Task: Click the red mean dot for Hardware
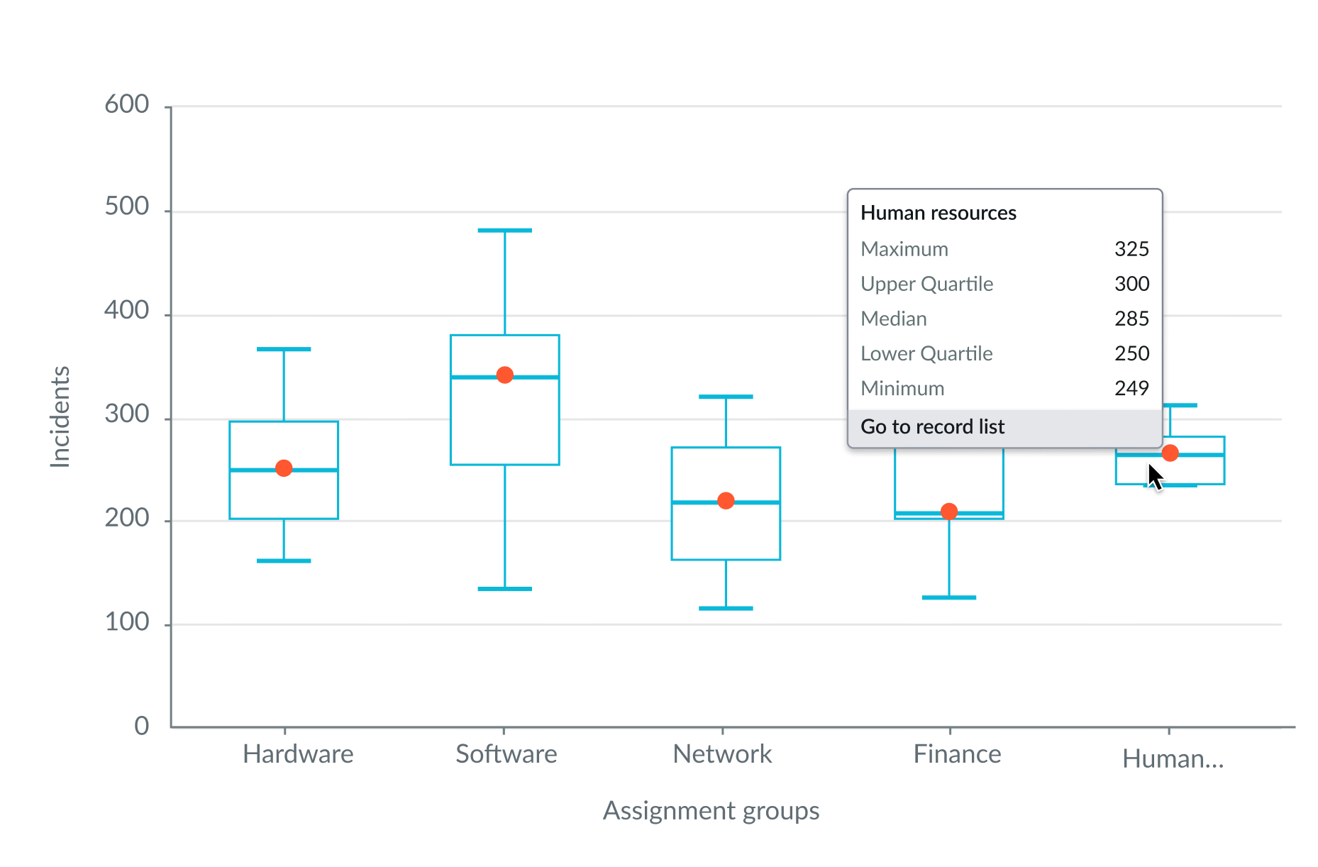(x=284, y=468)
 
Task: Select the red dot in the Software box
(x=504, y=375)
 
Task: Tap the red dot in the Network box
(x=726, y=501)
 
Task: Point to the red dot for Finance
(x=949, y=512)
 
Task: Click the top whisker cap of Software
(x=504, y=231)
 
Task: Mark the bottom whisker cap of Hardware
(x=284, y=561)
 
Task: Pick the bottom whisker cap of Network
(x=726, y=608)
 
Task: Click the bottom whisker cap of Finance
(x=949, y=598)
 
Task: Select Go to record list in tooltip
(x=933, y=427)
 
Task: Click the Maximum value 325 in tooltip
(x=1131, y=249)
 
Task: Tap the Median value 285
(x=1131, y=319)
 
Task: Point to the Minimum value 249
(x=1131, y=388)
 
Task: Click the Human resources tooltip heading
(x=938, y=213)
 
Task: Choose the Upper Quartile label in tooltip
(x=926, y=284)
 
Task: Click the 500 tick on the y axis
(x=127, y=207)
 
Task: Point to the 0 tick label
(x=142, y=726)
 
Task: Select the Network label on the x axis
(x=722, y=754)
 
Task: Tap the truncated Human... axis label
(x=1173, y=759)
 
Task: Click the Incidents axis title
(x=60, y=416)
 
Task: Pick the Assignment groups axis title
(x=711, y=811)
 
